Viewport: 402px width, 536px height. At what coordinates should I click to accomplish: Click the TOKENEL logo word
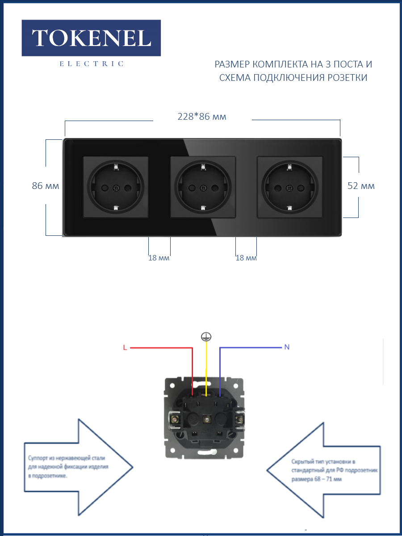point(91,38)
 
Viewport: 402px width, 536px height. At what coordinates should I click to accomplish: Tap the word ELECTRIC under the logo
point(91,64)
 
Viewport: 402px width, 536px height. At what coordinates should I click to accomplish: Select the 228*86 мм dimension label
point(202,117)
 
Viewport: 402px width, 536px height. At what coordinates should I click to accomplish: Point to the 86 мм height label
point(46,186)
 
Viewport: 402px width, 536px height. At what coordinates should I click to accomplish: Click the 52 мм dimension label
point(361,186)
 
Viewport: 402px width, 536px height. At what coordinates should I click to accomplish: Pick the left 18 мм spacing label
point(159,258)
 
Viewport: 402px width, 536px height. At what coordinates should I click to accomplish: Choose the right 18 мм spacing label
point(246,258)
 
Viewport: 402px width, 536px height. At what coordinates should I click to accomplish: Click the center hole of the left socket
point(116,188)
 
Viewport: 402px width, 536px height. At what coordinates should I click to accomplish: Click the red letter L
point(125,348)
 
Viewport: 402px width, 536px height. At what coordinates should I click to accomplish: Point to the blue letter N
point(287,347)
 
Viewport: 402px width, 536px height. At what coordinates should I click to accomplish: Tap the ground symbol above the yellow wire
point(206,337)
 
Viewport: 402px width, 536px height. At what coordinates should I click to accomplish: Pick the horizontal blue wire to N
point(250,347)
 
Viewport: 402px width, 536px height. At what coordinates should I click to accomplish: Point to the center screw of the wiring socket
point(206,419)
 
